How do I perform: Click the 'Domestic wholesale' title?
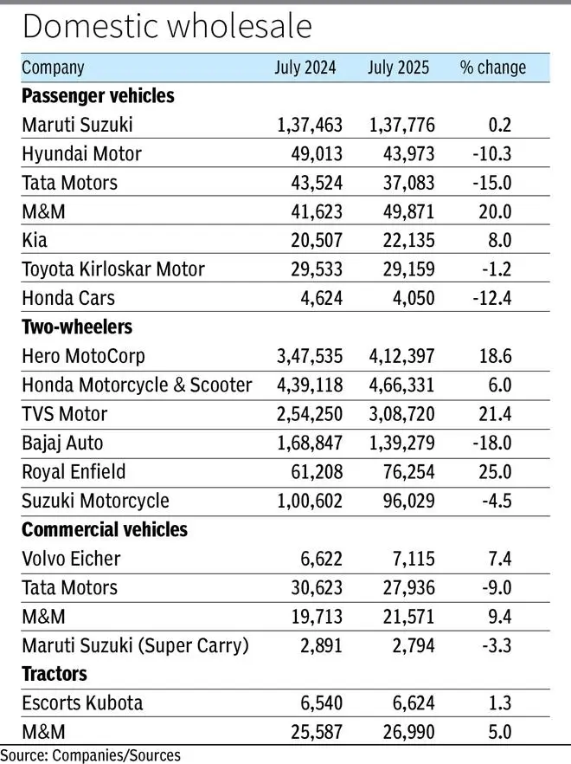167,26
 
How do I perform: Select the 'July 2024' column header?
305,68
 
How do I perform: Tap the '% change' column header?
492,68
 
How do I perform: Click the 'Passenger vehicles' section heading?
98,96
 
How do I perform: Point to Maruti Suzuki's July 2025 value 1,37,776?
401,125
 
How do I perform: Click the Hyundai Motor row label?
82,154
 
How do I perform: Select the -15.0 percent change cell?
492,183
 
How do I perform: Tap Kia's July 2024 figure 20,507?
317,240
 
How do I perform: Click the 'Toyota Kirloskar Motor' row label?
113,269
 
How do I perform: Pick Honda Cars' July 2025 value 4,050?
414,298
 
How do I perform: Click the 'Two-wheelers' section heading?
77,327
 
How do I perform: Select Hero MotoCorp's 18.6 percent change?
496,356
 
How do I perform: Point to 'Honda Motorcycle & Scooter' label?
137,385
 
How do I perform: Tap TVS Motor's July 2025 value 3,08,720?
401,414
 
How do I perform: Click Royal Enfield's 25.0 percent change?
496,471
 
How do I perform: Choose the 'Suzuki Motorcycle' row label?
95,501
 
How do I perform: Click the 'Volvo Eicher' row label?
71,559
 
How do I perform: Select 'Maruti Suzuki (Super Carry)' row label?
135,645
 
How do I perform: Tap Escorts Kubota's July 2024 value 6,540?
321,703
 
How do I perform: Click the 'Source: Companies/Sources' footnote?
91,755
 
